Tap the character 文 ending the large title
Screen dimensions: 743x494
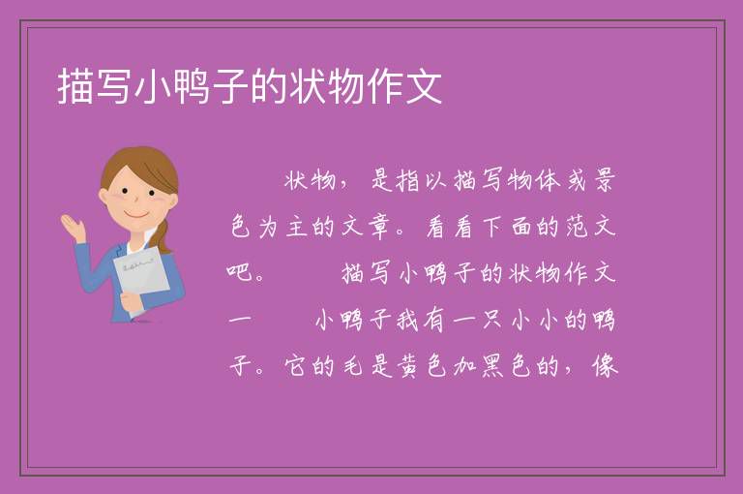(423, 87)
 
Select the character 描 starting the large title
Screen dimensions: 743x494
(75, 87)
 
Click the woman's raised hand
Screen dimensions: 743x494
(74, 228)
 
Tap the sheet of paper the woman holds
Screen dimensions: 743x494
(141, 278)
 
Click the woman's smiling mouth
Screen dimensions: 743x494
(136, 215)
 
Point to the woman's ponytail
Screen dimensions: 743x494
(163, 235)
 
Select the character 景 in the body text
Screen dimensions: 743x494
(605, 180)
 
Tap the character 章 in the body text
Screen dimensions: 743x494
(379, 227)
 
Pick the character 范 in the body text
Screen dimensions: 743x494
(577, 227)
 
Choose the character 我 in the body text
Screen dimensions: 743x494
(407, 320)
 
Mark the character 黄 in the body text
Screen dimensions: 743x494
(407, 366)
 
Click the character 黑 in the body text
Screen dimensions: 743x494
(492, 366)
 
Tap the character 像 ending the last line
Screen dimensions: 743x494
(605, 366)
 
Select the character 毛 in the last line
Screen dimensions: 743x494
(352, 366)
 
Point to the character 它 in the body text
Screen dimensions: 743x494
(296, 366)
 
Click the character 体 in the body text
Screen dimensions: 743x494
(549, 180)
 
